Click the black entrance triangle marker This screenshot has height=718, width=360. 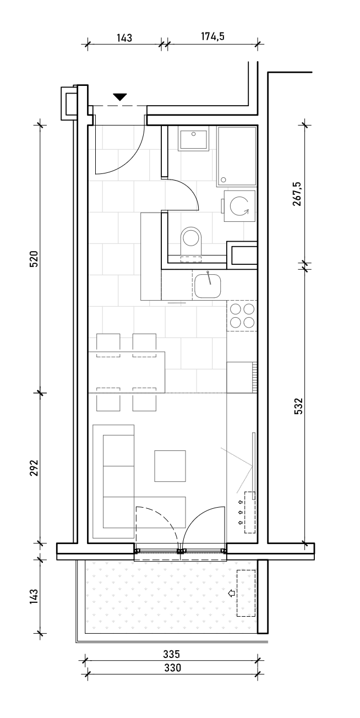point(120,97)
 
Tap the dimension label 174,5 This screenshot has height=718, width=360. point(213,36)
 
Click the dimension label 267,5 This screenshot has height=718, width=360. point(297,194)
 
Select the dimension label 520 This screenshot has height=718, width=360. point(34,259)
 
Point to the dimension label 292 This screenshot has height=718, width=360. point(34,468)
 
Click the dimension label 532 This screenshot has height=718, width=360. point(298,406)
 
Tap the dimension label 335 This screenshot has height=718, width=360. point(172,654)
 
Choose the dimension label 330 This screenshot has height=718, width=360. point(172,668)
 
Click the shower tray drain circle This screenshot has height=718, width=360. point(223,180)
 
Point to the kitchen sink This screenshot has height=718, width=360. point(208,285)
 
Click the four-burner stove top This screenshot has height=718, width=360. point(242,316)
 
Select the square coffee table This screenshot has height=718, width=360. point(170,466)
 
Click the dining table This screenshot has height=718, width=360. point(127,372)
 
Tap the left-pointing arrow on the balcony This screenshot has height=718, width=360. point(231,593)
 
